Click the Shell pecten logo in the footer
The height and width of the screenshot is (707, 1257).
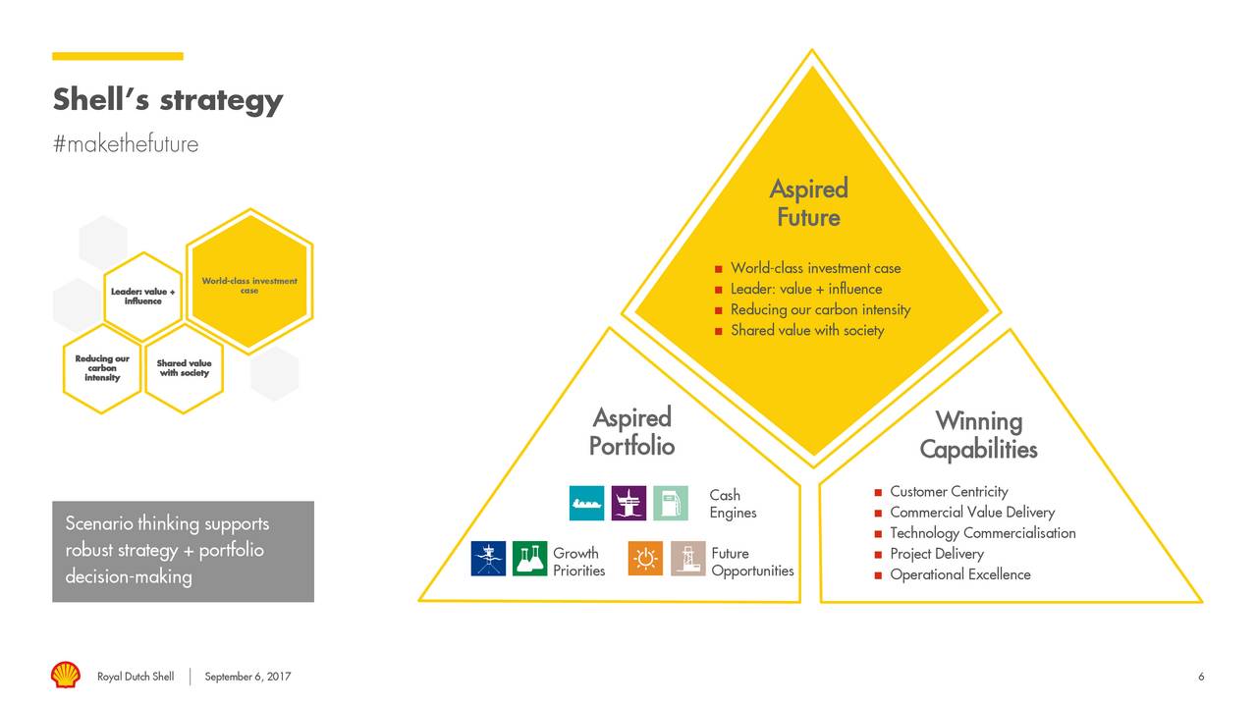[66, 676]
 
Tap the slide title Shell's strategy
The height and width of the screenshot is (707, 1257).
[167, 100]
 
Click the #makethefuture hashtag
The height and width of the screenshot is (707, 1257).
[125, 144]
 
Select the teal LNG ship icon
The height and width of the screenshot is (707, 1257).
[587, 503]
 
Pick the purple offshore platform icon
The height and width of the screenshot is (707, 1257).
[628, 503]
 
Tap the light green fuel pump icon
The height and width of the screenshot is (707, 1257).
[671, 503]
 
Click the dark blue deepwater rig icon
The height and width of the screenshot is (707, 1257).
[488, 559]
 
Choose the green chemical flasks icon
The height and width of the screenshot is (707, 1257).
[530, 559]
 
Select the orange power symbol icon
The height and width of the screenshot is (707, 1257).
[645, 559]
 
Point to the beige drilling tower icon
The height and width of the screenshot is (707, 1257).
[687, 559]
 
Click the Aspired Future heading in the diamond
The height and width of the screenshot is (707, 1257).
[808, 203]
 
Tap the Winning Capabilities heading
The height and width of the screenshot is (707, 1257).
[978, 435]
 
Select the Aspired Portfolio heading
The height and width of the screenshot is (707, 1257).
[631, 432]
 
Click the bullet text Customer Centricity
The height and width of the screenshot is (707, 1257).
[949, 491]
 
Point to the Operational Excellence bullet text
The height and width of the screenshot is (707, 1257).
[959, 574]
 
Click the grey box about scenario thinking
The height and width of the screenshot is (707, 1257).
[183, 551]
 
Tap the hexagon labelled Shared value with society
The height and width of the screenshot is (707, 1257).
[184, 368]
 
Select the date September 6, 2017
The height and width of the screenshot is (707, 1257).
[247, 677]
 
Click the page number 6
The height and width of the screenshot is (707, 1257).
[1201, 677]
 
